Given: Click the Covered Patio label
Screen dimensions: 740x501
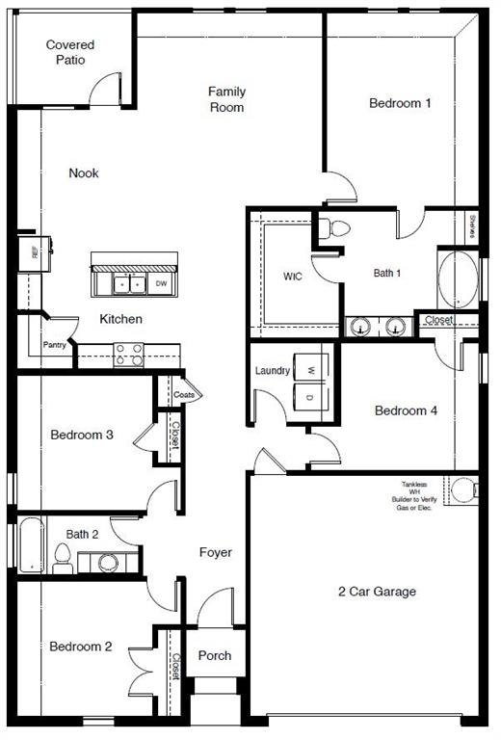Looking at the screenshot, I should pos(70,52).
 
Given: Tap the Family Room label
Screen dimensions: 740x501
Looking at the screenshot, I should pos(227,99).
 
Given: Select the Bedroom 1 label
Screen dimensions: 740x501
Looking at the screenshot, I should pos(400,103).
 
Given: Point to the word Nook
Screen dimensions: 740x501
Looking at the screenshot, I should pos(84,173).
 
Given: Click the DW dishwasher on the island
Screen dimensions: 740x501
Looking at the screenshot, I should pos(162,283).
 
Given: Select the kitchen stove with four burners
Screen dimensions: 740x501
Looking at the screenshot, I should pos(129,355).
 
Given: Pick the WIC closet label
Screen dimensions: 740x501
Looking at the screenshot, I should pos(293,276).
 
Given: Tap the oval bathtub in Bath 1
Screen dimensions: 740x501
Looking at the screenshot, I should pos(455,279).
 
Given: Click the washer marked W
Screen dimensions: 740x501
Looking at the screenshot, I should pos(311,369).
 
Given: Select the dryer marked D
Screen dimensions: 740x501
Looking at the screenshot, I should pos(311,397).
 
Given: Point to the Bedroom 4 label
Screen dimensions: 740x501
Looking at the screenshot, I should pos(406,411).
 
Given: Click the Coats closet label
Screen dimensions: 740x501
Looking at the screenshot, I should pos(185,395).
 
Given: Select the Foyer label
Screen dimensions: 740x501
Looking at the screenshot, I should pos(215,552).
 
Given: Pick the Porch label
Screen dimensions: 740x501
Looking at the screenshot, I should pos(215,656).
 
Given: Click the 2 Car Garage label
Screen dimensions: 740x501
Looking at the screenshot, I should pos(377,592).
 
